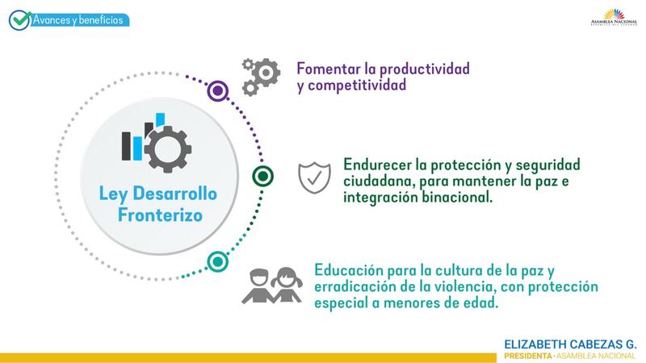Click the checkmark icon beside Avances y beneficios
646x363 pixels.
(x=19, y=19)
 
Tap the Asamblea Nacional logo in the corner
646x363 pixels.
(x=614, y=17)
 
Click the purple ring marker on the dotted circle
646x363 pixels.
(x=217, y=90)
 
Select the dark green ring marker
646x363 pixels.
(x=263, y=176)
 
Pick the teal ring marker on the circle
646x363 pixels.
(x=217, y=261)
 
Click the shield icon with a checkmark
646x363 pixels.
(x=314, y=177)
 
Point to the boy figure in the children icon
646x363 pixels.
(x=258, y=286)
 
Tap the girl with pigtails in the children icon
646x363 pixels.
(x=287, y=285)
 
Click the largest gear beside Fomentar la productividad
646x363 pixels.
(x=266, y=73)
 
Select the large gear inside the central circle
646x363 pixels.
(x=168, y=149)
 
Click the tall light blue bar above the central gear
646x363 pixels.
(x=160, y=119)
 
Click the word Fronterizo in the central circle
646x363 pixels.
(x=160, y=215)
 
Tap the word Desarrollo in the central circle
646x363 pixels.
(x=174, y=194)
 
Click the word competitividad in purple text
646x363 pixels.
(x=357, y=86)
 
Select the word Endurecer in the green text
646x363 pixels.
(x=378, y=165)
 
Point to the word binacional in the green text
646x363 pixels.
(x=456, y=197)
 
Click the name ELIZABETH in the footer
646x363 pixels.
(x=535, y=344)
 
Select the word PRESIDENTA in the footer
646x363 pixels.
(x=528, y=356)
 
